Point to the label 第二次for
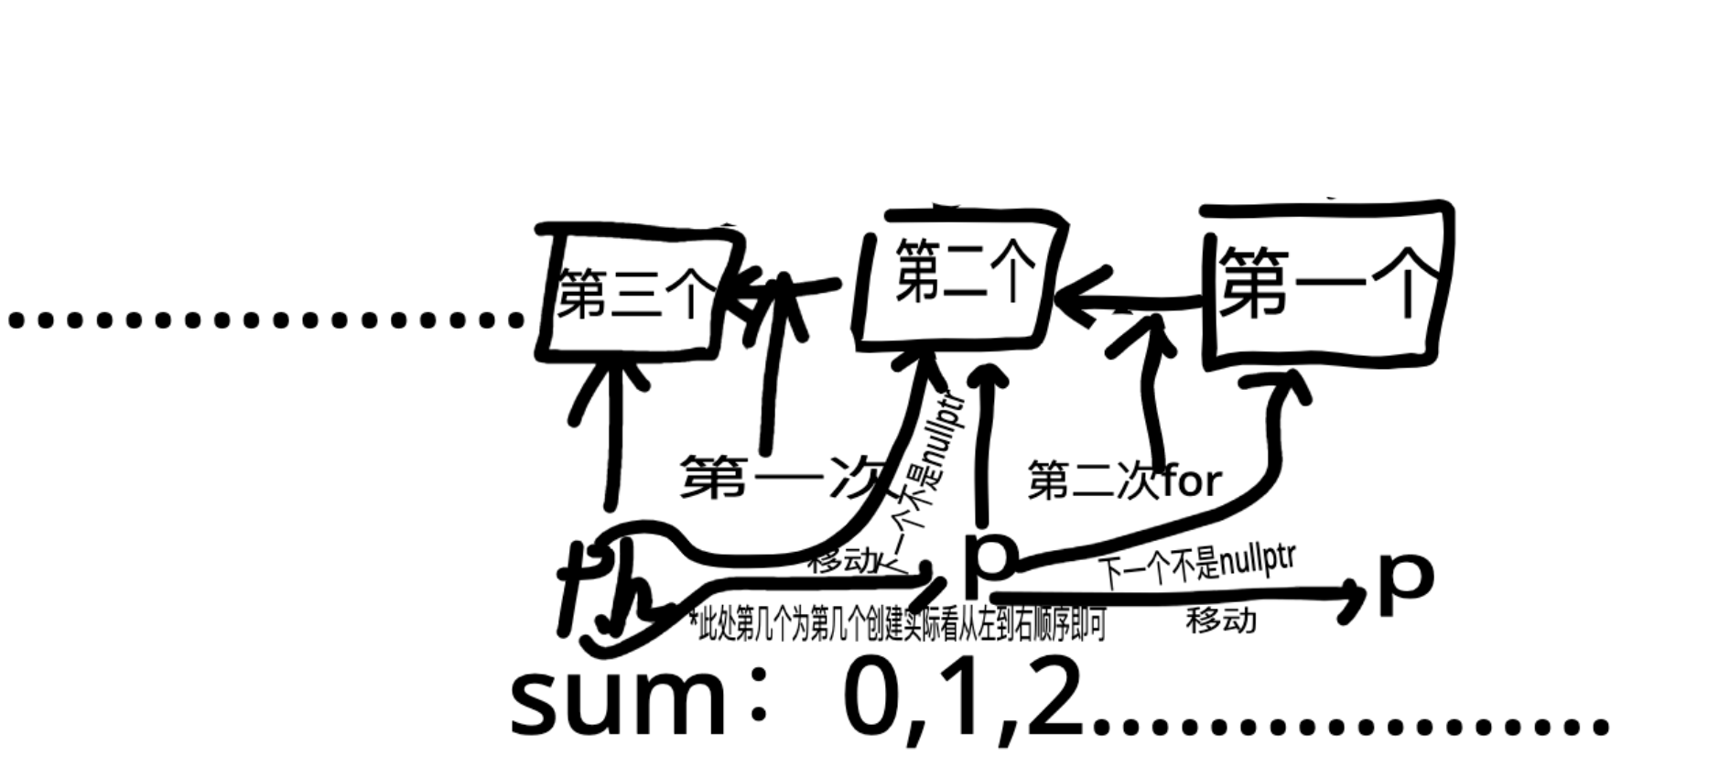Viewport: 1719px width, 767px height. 1124,481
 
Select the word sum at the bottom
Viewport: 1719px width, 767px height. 618,705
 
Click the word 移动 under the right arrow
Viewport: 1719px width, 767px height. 1221,621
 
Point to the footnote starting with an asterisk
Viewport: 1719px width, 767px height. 897,625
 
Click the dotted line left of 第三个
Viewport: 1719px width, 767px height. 265,319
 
